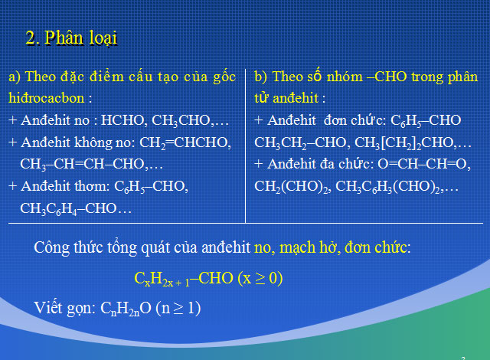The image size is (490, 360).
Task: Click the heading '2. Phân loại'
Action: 71,38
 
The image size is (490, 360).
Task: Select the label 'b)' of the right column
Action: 260,77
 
